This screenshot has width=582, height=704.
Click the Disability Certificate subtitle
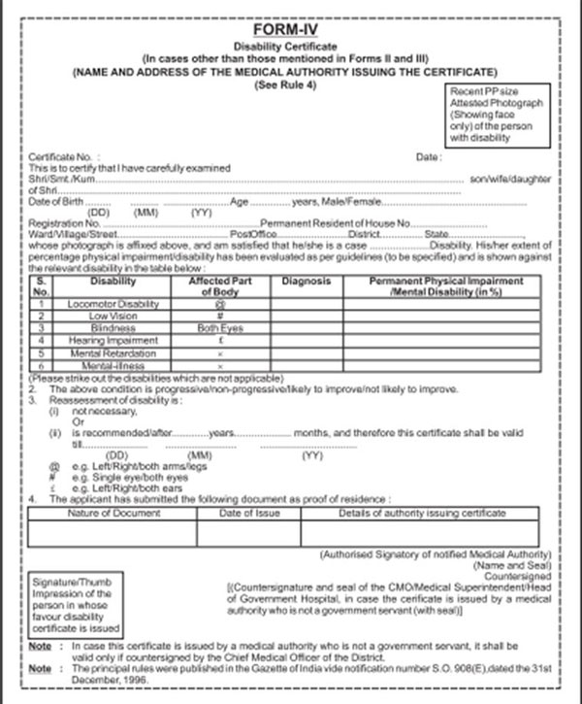point(289,46)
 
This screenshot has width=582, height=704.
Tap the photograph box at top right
point(497,115)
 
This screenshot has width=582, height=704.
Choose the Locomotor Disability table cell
point(112,305)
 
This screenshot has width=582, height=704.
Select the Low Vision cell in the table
point(112,317)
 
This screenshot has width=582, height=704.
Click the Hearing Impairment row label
point(112,342)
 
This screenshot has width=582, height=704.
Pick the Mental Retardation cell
point(112,354)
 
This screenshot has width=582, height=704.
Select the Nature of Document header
point(112,511)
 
